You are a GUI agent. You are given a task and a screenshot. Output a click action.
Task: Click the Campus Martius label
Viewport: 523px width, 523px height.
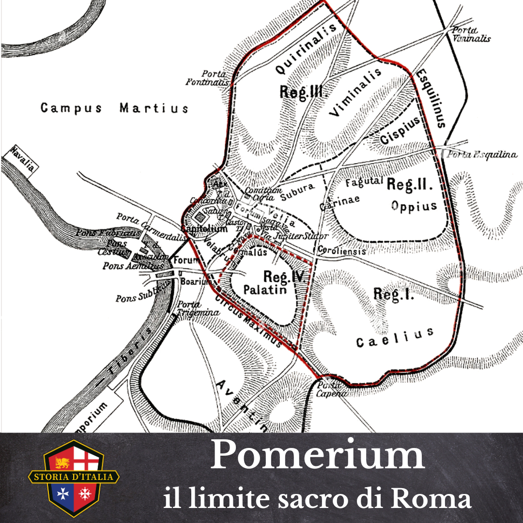coord(114,108)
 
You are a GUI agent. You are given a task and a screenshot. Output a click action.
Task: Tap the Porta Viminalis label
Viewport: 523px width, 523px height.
coord(471,34)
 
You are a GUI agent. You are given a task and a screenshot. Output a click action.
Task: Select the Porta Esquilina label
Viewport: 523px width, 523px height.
coord(481,155)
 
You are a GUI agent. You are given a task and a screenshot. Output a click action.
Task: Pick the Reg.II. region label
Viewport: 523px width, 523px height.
coord(409,184)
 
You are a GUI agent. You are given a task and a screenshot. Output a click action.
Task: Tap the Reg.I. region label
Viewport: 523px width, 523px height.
coord(394,293)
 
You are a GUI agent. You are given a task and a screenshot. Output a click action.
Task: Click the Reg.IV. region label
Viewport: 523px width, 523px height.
coord(283,277)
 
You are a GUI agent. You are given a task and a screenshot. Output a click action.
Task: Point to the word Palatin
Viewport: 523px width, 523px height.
coord(265,290)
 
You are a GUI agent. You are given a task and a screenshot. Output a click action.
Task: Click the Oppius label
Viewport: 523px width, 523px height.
coord(414,206)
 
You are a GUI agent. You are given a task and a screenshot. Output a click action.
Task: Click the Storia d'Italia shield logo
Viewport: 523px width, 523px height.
coord(74,477)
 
